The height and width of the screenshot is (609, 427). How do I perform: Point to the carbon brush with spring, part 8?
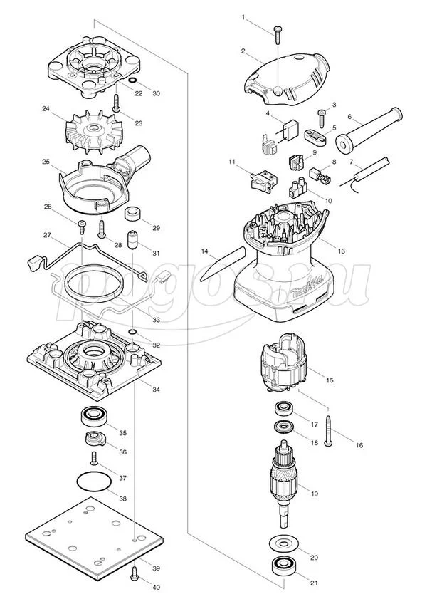pyautogui.click(x=319, y=175)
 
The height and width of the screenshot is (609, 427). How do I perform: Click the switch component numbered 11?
pyautogui.click(x=265, y=181)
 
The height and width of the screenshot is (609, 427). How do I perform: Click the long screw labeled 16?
pyautogui.click(x=330, y=430)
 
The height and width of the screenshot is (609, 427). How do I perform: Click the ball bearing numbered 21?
pyautogui.click(x=283, y=566)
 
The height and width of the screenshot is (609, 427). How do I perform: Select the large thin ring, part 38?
pyautogui.click(x=94, y=482)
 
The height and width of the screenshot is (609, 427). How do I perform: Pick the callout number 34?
pyautogui.click(x=156, y=389)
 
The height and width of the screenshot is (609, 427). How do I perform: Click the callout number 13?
pyautogui.click(x=341, y=251)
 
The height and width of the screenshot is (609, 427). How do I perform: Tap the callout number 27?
pyautogui.click(x=47, y=235)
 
